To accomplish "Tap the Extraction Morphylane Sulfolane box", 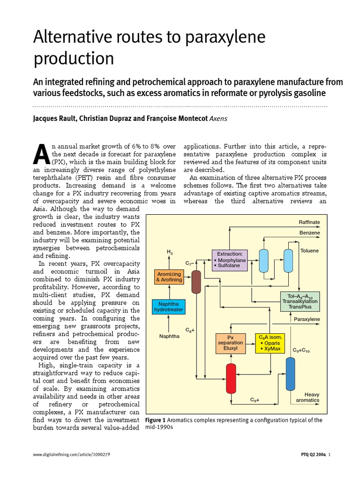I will tap(229, 260).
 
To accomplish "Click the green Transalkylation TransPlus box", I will tap(300, 301).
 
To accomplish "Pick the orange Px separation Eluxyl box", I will tap(230, 344).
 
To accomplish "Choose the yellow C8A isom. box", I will tap(270, 344).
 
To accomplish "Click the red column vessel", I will tap(231, 378).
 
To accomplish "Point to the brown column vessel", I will tap(196, 281).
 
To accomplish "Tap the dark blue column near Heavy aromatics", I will tap(291, 374).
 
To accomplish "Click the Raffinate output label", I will tap(309, 222).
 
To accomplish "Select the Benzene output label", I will tap(310, 232).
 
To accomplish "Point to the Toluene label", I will tap(309, 251).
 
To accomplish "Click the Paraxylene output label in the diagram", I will tap(307, 319).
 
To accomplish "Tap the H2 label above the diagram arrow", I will tap(170, 252).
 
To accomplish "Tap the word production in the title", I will tap(74, 59).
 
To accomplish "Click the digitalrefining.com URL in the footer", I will tap(72, 455).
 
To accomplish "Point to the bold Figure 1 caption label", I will tap(156, 420).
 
